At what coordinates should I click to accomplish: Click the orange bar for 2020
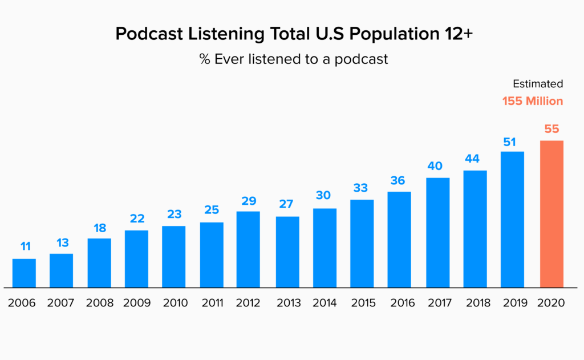551,214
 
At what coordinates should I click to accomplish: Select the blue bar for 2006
24,273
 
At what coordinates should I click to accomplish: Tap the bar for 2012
248,249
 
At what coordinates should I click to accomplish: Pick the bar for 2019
512,219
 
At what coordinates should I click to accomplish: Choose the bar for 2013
287,252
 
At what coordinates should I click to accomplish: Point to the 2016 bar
399,240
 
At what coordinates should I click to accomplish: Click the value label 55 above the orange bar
551,129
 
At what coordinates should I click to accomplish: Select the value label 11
25,246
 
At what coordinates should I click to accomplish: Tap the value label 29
249,201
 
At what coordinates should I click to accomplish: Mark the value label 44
472,159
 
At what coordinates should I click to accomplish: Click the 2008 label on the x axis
100,302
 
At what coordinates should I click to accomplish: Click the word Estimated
538,84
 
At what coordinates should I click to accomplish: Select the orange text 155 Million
533,101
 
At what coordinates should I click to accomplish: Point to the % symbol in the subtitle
205,59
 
